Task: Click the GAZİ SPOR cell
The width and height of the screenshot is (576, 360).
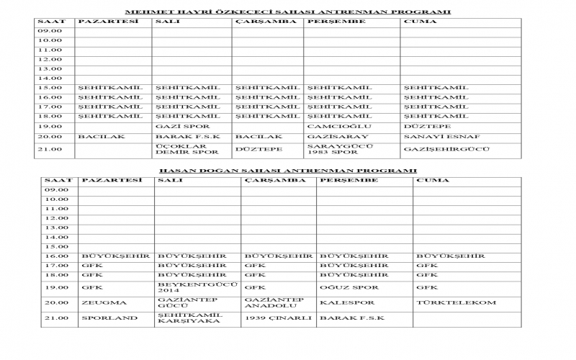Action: coord(173,126)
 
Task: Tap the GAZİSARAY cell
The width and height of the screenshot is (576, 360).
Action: coord(328,136)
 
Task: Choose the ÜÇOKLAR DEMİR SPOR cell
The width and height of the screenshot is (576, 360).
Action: coord(177,150)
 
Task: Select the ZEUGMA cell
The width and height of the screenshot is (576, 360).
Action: coord(99,302)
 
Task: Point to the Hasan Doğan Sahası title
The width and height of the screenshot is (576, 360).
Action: coord(287,171)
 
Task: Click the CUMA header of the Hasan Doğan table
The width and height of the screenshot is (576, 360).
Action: coord(428,180)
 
